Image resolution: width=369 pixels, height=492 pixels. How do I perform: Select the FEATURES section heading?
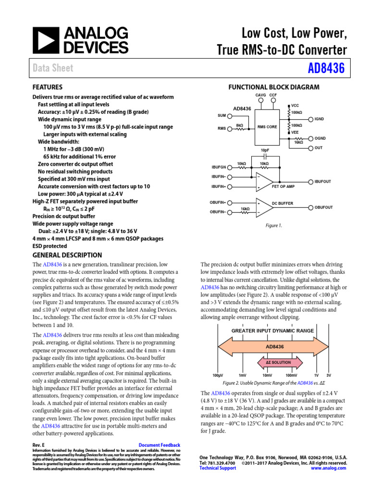point(47,87)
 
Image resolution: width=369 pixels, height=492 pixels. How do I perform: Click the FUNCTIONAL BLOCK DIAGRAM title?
point(273,87)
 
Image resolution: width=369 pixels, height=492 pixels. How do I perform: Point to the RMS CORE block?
point(267,127)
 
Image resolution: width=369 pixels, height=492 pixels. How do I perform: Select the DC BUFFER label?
point(283,204)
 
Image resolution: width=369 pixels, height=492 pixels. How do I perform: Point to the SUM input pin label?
point(221,116)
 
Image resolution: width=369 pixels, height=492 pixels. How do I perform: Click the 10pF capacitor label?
point(265,150)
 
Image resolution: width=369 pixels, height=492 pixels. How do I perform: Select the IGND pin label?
point(319,119)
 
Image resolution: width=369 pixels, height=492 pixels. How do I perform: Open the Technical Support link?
point(218,468)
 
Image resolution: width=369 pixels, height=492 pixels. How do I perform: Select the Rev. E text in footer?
point(38,445)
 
